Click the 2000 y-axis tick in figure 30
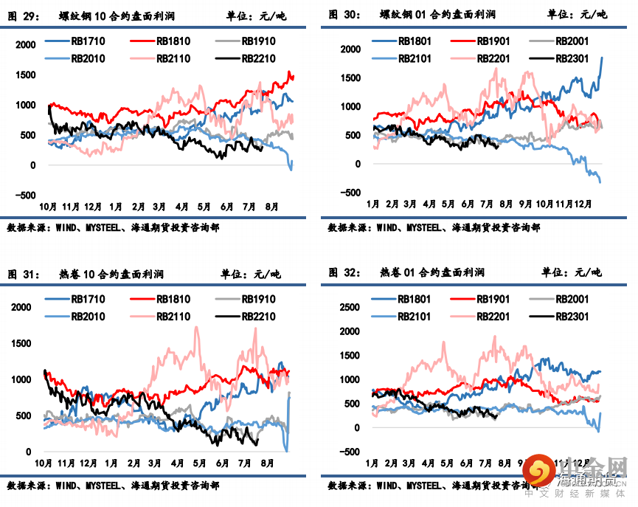[x=350, y=49]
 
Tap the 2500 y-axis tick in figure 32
[x=350, y=307]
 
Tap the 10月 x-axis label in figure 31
[x=44, y=463]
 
